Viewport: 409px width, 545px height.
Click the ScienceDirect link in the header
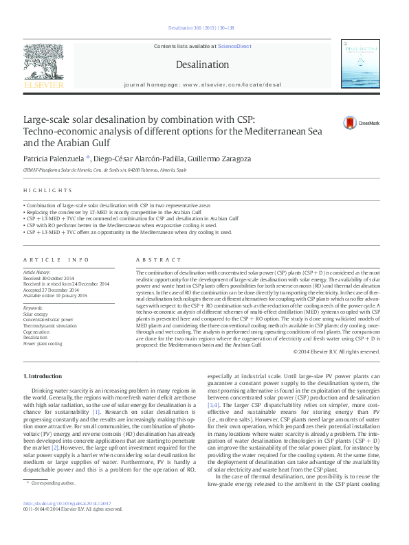[234, 46]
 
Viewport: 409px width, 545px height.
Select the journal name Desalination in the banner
[201, 65]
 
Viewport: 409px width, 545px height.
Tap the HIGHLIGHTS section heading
[47, 190]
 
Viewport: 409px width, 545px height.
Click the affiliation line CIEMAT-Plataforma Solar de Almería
[104, 170]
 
